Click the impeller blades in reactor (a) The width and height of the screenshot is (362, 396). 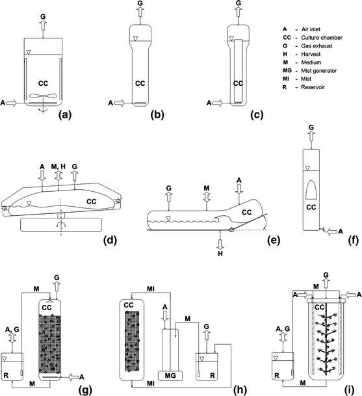[x=45, y=98]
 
